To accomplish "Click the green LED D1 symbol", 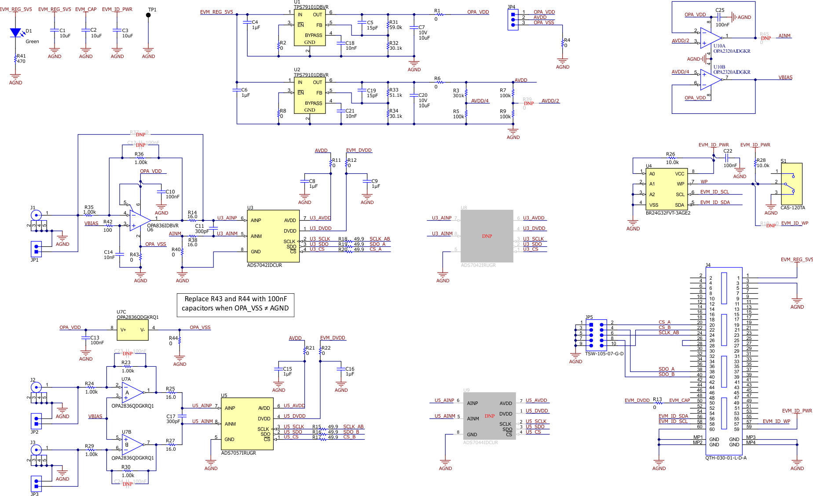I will [x=15, y=33].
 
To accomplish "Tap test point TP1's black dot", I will [x=148, y=15].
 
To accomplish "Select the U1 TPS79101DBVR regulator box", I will [x=310, y=28].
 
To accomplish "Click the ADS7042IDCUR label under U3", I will [x=264, y=265].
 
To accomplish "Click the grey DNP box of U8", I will [x=487, y=236].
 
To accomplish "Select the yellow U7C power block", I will [x=132, y=330].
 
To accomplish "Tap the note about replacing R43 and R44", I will [x=235, y=304].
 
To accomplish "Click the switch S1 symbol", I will [x=791, y=183].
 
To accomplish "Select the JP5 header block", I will [x=596, y=335].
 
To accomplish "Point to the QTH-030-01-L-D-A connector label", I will [x=725, y=458].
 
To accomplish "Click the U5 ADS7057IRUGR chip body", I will [x=247, y=423].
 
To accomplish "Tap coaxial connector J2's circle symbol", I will [x=36, y=387].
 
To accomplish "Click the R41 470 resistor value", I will [x=21, y=61].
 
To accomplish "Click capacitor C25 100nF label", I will [x=722, y=25].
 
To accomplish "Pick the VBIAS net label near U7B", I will [x=95, y=416].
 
